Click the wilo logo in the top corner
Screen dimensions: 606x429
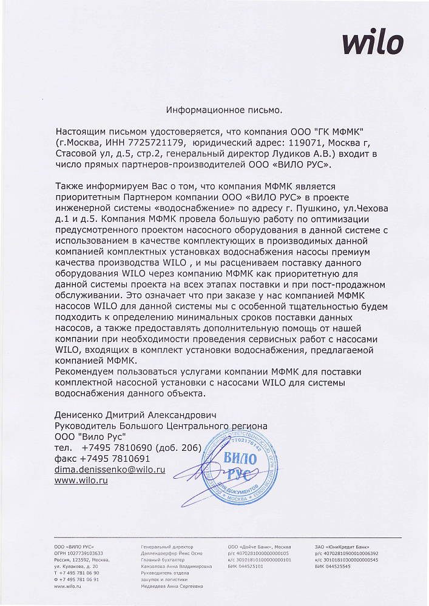point(373,43)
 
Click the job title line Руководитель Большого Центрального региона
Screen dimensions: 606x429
point(161,426)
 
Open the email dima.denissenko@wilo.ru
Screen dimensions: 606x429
point(110,470)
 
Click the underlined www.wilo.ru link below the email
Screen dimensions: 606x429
point(81,480)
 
